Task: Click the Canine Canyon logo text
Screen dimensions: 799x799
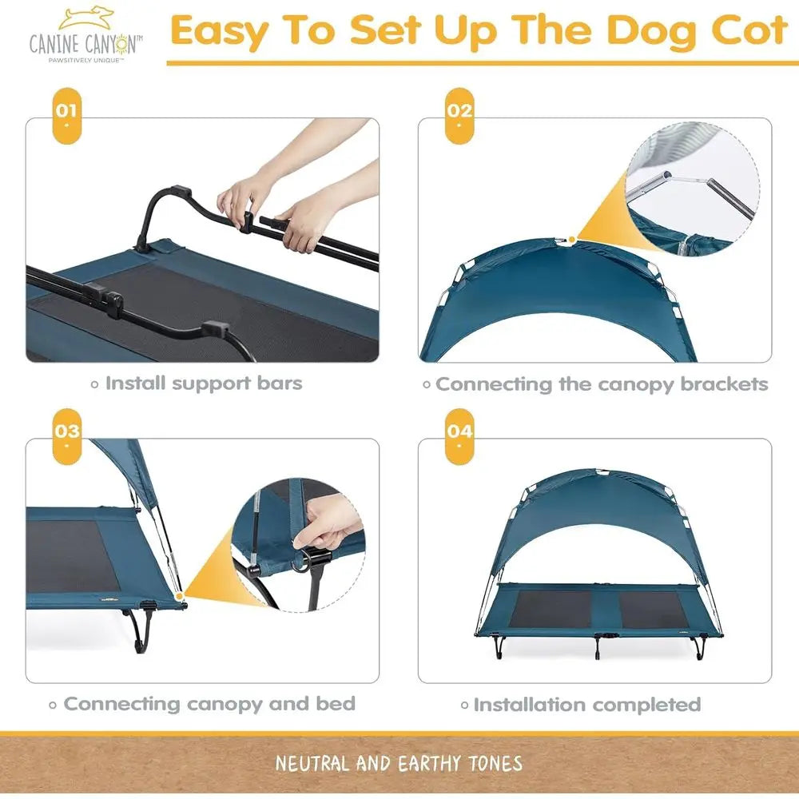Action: [86, 42]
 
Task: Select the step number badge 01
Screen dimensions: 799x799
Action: [66, 113]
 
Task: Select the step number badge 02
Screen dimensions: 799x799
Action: [459, 113]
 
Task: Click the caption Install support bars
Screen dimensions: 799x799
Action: [203, 384]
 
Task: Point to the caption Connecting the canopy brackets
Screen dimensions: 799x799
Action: [601, 384]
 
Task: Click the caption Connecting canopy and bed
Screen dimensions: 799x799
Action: [209, 704]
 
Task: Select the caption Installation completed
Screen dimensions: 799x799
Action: [586, 705]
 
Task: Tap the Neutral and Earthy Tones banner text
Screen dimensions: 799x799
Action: [399, 763]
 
